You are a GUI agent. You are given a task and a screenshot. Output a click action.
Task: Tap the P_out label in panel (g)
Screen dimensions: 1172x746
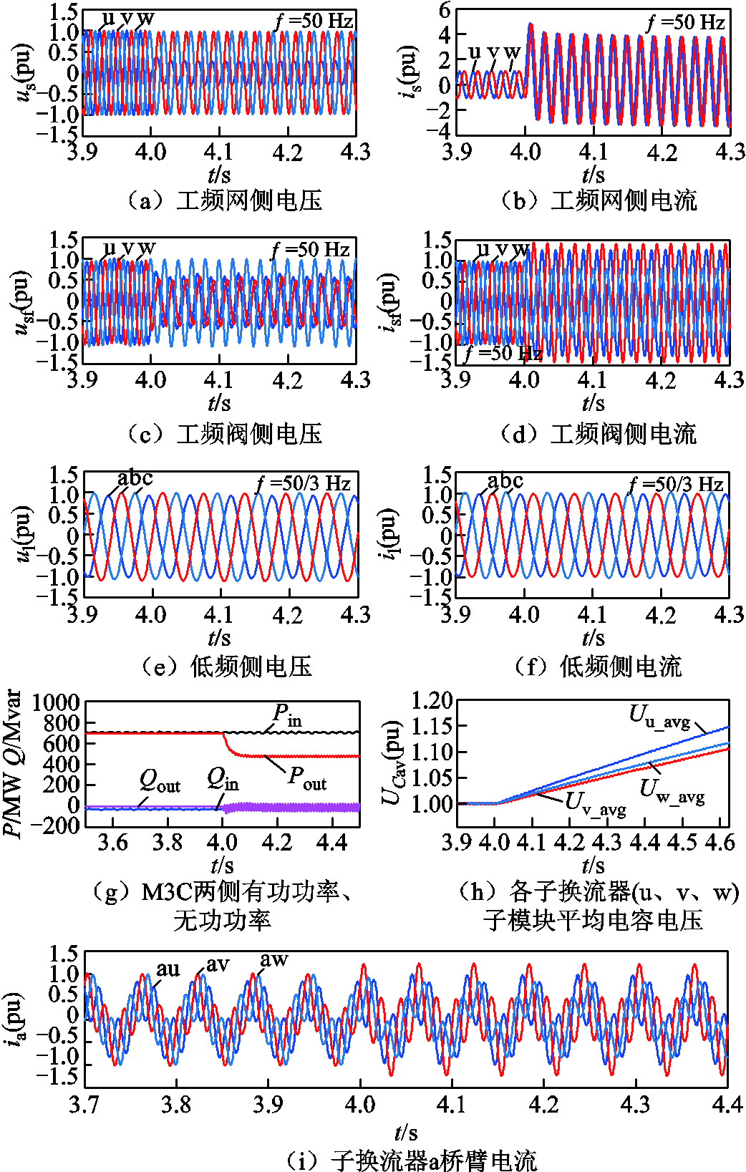307,778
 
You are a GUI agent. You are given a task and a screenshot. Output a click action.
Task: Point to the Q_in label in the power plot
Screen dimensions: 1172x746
223,779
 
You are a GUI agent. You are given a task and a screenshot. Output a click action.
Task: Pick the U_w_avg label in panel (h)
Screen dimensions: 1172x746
672,790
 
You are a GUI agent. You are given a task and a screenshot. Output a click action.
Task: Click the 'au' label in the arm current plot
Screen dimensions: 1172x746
168,969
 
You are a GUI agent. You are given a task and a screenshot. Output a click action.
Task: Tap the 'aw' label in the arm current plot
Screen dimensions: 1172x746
273,960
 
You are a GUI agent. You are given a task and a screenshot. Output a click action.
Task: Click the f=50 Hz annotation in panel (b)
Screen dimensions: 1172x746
685,23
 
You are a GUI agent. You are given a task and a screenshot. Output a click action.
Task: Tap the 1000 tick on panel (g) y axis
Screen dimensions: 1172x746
56,702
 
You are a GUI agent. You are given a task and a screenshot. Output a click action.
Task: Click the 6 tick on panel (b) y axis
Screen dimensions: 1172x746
445,10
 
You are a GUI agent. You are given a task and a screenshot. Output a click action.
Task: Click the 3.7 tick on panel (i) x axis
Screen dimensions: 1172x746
84,1105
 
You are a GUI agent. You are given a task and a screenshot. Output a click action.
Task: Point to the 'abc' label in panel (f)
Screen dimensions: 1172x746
505,481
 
